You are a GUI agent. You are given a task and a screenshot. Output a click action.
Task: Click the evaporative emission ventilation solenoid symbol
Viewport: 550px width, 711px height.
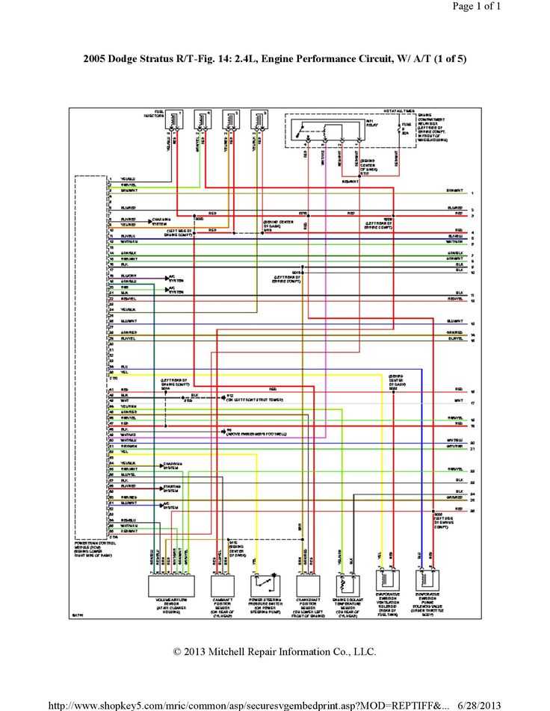[385, 581]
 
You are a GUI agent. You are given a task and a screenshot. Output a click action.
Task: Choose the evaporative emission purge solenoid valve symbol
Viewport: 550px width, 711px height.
[427, 581]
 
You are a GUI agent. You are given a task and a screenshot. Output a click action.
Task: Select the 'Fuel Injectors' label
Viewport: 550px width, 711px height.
[154, 115]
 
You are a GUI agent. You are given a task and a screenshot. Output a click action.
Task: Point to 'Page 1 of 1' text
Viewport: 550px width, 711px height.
[477, 7]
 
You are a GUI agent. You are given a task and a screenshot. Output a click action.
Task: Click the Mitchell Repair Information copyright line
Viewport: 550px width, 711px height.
[275, 652]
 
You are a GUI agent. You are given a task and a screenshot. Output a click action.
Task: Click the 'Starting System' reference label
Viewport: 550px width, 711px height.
[171, 489]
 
